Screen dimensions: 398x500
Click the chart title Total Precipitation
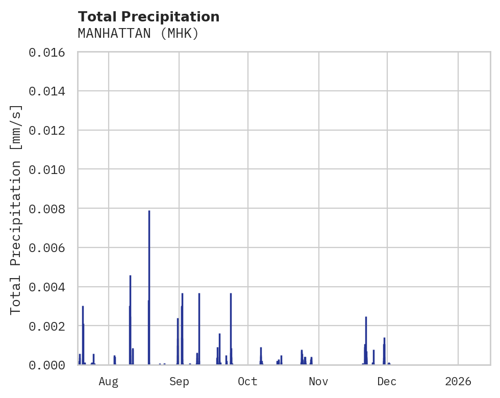click(148, 17)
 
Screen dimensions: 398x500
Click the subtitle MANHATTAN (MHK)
click(138, 34)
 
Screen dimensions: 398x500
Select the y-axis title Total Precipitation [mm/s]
click(16, 209)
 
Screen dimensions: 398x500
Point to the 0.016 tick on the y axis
click(50, 52)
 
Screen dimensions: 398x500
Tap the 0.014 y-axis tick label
click(50, 91)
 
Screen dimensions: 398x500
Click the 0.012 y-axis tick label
click(50, 131)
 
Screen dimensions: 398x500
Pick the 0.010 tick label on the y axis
click(50, 169)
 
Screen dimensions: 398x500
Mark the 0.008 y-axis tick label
click(50, 209)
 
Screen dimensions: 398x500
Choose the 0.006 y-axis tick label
click(50, 248)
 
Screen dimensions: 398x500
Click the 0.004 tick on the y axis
click(50, 287)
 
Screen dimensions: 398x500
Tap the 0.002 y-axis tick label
click(50, 326)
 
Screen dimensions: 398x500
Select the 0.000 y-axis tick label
click(50, 365)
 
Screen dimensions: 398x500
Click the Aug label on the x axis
click(109, 382)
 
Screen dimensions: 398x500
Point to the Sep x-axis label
click(179, 382)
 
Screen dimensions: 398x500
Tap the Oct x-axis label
click(247, 382)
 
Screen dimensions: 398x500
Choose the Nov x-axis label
click(318, 382)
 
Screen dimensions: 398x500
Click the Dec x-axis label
click(387, 382)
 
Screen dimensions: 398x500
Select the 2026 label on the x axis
click(458, 382)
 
